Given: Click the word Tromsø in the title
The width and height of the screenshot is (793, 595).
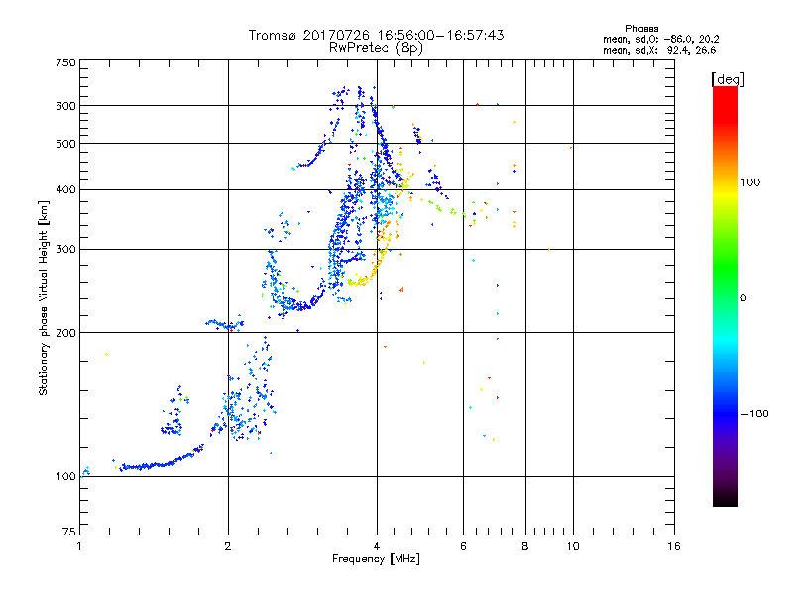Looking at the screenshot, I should coord(276,35).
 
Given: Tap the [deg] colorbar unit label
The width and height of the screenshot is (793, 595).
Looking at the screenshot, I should coord(729,78).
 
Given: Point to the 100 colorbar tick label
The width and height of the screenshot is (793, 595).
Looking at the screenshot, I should coord(751,182).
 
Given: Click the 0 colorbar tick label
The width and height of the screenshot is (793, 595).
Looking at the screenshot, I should coord(743,297).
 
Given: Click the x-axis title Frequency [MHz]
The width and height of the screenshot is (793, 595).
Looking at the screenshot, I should coord(376,560).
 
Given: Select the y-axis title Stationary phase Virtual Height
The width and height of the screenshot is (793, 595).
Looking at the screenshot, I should coord(44,297).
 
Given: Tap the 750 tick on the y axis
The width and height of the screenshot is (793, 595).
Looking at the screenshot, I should coord(64,62).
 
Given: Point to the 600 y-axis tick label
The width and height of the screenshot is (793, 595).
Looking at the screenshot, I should coord(64,106).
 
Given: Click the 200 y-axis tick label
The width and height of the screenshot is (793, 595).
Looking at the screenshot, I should coord(64,333).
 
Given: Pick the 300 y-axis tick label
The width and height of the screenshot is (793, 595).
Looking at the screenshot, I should coord(64,250).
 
